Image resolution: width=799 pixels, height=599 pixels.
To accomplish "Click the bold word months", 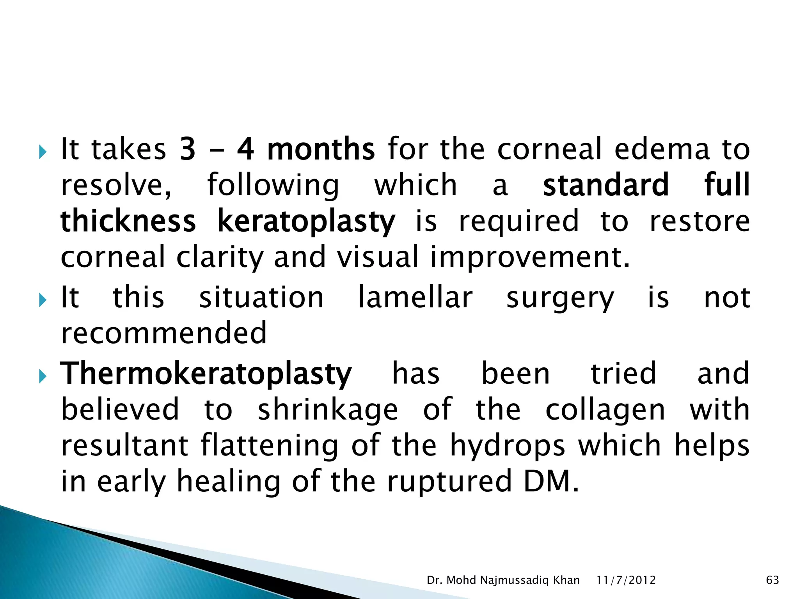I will (x=321, y=149).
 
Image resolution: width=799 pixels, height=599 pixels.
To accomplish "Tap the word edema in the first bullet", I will (x=662, y=149).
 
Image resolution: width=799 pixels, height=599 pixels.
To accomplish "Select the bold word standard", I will (x=605, y=185).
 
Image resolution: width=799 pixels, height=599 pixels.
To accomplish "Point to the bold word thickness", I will (x=128, y=222).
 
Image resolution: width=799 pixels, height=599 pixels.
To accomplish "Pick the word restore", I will (x=700, y=222).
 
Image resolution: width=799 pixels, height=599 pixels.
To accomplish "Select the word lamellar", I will (x=415, y=298).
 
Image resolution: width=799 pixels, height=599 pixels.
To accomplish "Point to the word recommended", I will (x=164, y=333).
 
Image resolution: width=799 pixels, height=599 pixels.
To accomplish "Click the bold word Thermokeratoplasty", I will (x=206, y=374).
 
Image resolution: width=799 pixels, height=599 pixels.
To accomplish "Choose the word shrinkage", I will (x=328, y=410).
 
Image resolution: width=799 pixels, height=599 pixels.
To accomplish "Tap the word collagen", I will (x=605, y=410).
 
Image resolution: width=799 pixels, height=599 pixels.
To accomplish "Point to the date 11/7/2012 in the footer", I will (x=626, y=580).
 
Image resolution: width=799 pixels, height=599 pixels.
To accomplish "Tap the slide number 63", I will (x=772, y=580).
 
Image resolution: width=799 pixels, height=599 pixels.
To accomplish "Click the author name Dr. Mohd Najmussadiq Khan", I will (x=503, y=580).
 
